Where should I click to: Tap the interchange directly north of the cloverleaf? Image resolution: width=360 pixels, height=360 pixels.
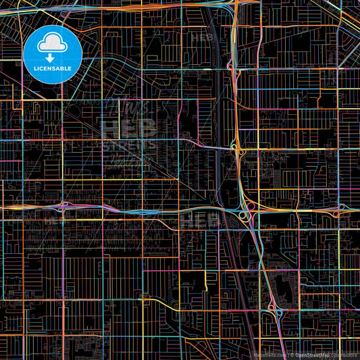(x=236, y=148)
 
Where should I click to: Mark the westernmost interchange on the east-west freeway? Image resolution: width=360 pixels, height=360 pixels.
(x=66, y=206)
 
